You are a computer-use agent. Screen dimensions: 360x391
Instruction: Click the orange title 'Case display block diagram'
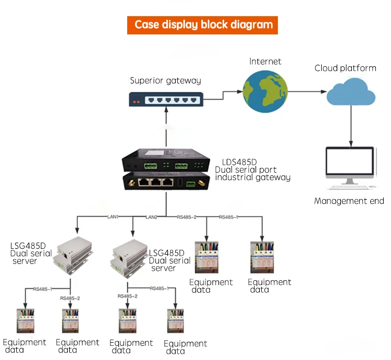pyautogui.click(x=203, y=25)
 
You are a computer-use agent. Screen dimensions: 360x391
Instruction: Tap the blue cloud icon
pyautogui.click(x=351, y=93)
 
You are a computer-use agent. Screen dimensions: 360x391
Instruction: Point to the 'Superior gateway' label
pyautogui.click(x=165, y=80)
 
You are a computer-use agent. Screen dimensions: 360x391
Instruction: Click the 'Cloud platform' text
pyautogui.click(x=345, y=68)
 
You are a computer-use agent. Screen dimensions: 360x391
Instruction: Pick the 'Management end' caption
pyautogui.click(x=349, y=201)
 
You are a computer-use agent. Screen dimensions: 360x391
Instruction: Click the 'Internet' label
pyautogui.click(x=265, y=62)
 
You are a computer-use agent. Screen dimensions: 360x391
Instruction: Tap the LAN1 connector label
pyautogui.click(x=113, y=216)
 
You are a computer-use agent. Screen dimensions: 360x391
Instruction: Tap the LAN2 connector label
pyautogui.click(x=151, y=216)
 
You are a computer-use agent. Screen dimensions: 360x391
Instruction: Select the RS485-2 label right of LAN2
pyautogui.click(x=186, y=216)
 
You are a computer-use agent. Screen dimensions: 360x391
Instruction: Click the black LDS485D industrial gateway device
pyautogui.click(x=166, y=170)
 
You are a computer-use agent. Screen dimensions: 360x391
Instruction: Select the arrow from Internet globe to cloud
pyautogui.click(x=307, y=92)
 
